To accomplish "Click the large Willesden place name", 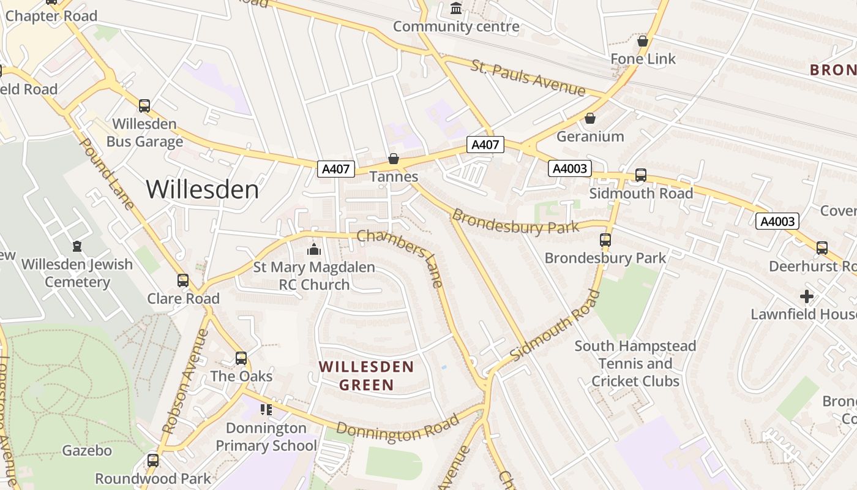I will click(202, 189).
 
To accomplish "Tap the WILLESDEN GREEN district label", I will click(367, 376).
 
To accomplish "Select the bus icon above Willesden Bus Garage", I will click(144, 106).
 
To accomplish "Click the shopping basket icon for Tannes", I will click(394, 159).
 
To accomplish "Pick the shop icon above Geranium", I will click(590, 118).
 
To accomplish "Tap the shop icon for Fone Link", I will click(643, 41).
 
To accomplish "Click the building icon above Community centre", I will click(456, 9).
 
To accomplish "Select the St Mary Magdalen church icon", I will click(314, 249).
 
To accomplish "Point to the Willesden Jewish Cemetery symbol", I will click(77, 246).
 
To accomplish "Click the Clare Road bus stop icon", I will click(183, 281).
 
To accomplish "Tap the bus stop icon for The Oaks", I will click(241, 358).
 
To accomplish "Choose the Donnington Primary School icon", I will click(266, 409).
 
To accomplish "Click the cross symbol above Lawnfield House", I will click(807, 296).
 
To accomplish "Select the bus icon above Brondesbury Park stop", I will click(605, 240).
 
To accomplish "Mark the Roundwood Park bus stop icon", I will click(152, 460).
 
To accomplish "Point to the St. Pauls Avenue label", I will click(528, 78).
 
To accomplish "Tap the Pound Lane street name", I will click(107, 173).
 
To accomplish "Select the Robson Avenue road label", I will click(185, 382).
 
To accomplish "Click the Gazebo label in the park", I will click(87, 451).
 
